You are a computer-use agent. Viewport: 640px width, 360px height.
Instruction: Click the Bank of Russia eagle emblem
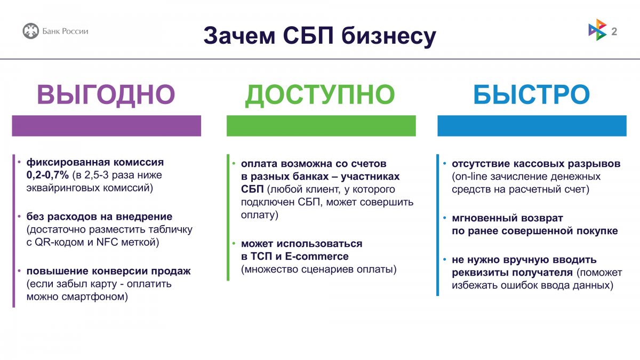pyautogui.click(x=30, y=31)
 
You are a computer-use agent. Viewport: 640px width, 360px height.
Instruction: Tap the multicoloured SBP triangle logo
pyautogui.click(x=597, y=30)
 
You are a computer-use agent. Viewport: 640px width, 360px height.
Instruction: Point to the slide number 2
pyautogui.click(x=614, y=31)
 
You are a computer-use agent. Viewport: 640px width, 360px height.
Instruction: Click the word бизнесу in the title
pyautogui.click(x=389, y=36)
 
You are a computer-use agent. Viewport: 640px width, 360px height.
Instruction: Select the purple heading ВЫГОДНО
pyautogui.click(x=106, y=94)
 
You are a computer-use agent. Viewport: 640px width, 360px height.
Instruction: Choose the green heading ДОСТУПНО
pyautogui.click(x=320, y=95)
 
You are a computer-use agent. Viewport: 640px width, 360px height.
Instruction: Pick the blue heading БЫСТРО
pyautogui.click(x=532, y=94)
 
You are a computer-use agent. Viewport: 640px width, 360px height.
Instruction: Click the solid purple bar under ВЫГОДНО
pyautogui.click(x=106, y=126)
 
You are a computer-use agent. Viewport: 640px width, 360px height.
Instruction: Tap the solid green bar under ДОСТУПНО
pyautogui.click(x=321, y=126)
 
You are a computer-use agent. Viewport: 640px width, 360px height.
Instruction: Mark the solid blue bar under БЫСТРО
pyautogui.click(x=532, y=126)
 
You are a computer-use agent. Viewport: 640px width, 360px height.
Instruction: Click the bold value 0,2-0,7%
pyautogui.click(x=47, y=175)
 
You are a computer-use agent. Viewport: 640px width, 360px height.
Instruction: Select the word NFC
pyautogui.click(x=107, y=242)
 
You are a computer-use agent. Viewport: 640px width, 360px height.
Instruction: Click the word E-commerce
pyautogui.click(x=317, y=257)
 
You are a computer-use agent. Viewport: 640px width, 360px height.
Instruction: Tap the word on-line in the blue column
pyautogui.click(x=471, y=177)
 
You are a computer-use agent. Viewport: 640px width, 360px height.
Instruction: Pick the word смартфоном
pyautogui.click(x=94, y=297)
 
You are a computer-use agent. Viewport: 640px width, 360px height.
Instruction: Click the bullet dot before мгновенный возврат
pyautogui.click(x=445, y=218)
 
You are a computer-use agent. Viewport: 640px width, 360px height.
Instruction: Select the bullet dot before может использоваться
pyautogui.click(x=234, y=244)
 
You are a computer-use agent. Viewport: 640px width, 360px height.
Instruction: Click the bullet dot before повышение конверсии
pyautogui.click(x=19, y=271)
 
